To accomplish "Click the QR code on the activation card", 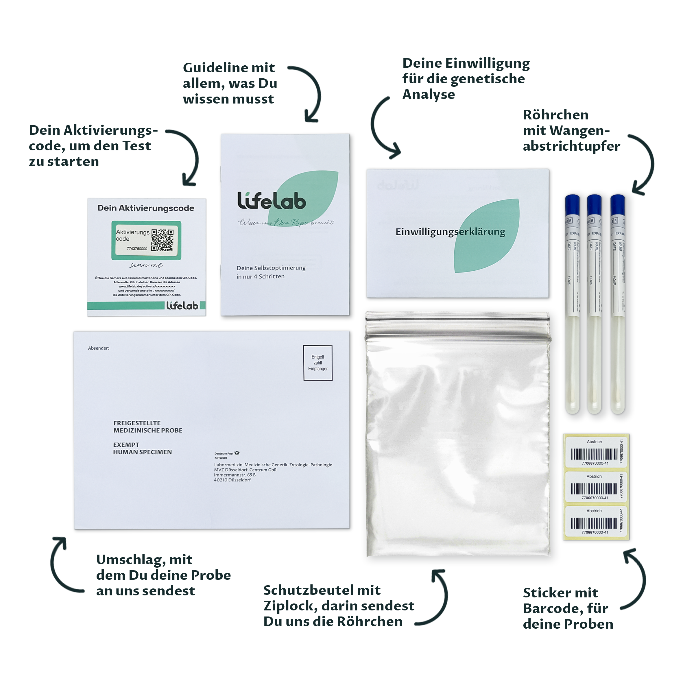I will click(x=162, y=240).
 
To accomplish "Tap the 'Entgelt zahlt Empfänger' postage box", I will click(x=317, y=363).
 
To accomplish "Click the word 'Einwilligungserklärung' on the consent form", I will click(x=450, y=232).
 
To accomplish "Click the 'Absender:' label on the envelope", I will click(x=99, y=348).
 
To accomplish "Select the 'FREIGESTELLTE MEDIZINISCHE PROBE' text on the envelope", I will click(x=148, y=427).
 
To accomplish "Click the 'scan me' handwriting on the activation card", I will click(x=146, y=265).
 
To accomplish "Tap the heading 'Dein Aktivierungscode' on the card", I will click(x=146, y=208).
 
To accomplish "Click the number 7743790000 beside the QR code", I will click(x=137, y=248).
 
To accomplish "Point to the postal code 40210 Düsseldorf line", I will click(x=232, y=480).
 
